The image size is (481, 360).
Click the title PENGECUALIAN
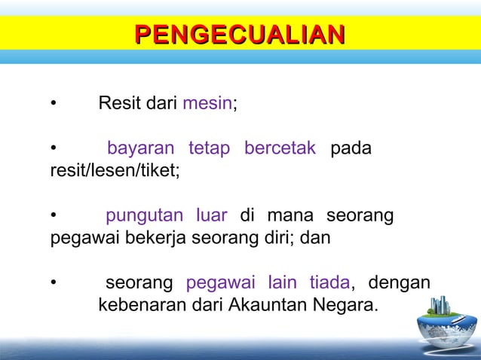tap(240, 34)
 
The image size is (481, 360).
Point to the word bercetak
tap(280, 148)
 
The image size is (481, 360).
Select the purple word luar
tap(210, 216)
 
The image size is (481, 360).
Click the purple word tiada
tap(329, 284)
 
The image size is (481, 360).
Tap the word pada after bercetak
tap(351, 148)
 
